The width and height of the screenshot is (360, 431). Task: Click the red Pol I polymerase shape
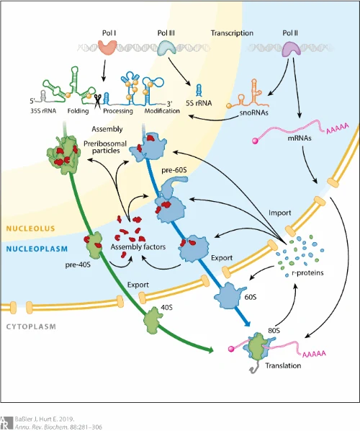(108, 47)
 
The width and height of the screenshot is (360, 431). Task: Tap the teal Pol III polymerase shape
(166, 48)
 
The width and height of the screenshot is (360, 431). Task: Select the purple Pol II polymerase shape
(292, 49)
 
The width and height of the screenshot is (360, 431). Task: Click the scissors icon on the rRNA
(98, 101)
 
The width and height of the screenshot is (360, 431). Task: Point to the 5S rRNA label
(199, 103)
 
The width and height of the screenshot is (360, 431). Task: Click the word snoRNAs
(253, 112)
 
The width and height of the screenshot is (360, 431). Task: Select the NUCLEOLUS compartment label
(30, 228)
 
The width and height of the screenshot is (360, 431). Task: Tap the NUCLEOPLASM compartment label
(37, 249)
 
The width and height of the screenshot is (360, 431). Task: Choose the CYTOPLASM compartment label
(31, 326)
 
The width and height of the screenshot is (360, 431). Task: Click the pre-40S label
(78, 265)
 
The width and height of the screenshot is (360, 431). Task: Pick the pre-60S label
(174, 170)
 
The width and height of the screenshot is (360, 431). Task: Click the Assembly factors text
(138, 246)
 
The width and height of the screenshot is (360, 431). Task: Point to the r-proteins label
(307, 272)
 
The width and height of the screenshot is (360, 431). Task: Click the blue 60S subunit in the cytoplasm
(230, 296)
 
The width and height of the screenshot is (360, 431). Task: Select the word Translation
(283, 365)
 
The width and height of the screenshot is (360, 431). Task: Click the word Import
(280, 213)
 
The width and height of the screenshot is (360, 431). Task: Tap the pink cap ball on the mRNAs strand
(255, 141)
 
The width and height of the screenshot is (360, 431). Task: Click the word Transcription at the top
(232, 33)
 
